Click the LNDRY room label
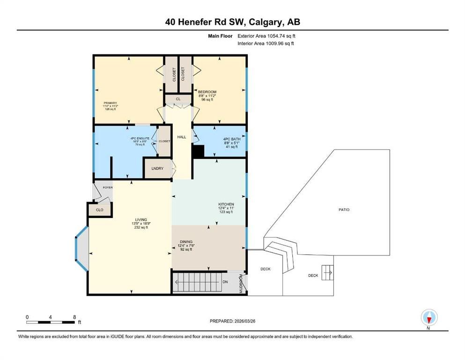click(157, 168)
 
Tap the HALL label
click(182, 137)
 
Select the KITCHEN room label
click(226, 204)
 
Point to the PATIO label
click(344, 210)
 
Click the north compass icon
click(429, 317)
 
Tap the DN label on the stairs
click(225, 282)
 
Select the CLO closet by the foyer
click(100, 210)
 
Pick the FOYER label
click(108, 187)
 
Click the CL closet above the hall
click(178, 99)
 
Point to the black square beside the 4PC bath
click(198, 151)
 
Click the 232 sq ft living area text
click(141, 227)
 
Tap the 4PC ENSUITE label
click(140, 138)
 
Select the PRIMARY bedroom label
click(111, 103)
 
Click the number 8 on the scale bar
click(74, 317)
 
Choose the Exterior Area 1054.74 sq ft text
click(266, 36)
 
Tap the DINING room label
click(186, 241)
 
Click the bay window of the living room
click(81, 249)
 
